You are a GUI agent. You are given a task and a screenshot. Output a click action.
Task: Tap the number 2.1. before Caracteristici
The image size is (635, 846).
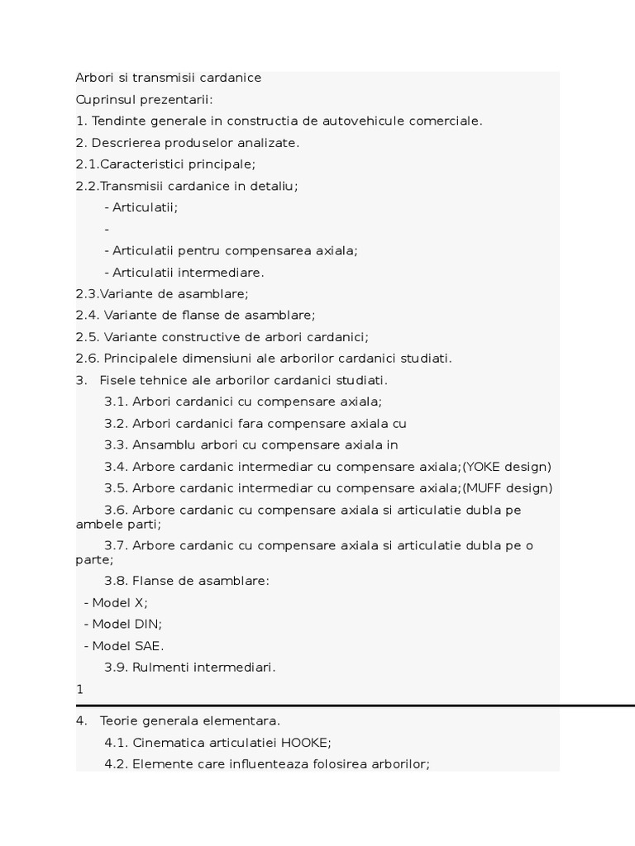(x=88, y=164)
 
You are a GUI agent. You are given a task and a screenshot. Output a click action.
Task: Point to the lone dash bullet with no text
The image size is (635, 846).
(x=107, y=229)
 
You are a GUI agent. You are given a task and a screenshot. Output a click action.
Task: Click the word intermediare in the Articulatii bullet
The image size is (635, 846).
(x=225, y=272)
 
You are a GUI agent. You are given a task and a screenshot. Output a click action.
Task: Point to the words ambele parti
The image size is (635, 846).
(x=118, y=524)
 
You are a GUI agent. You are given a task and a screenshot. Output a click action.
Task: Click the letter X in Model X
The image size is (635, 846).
(x=139, y=602)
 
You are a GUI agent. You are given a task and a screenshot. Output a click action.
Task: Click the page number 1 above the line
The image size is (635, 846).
(x=79, y=689)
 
